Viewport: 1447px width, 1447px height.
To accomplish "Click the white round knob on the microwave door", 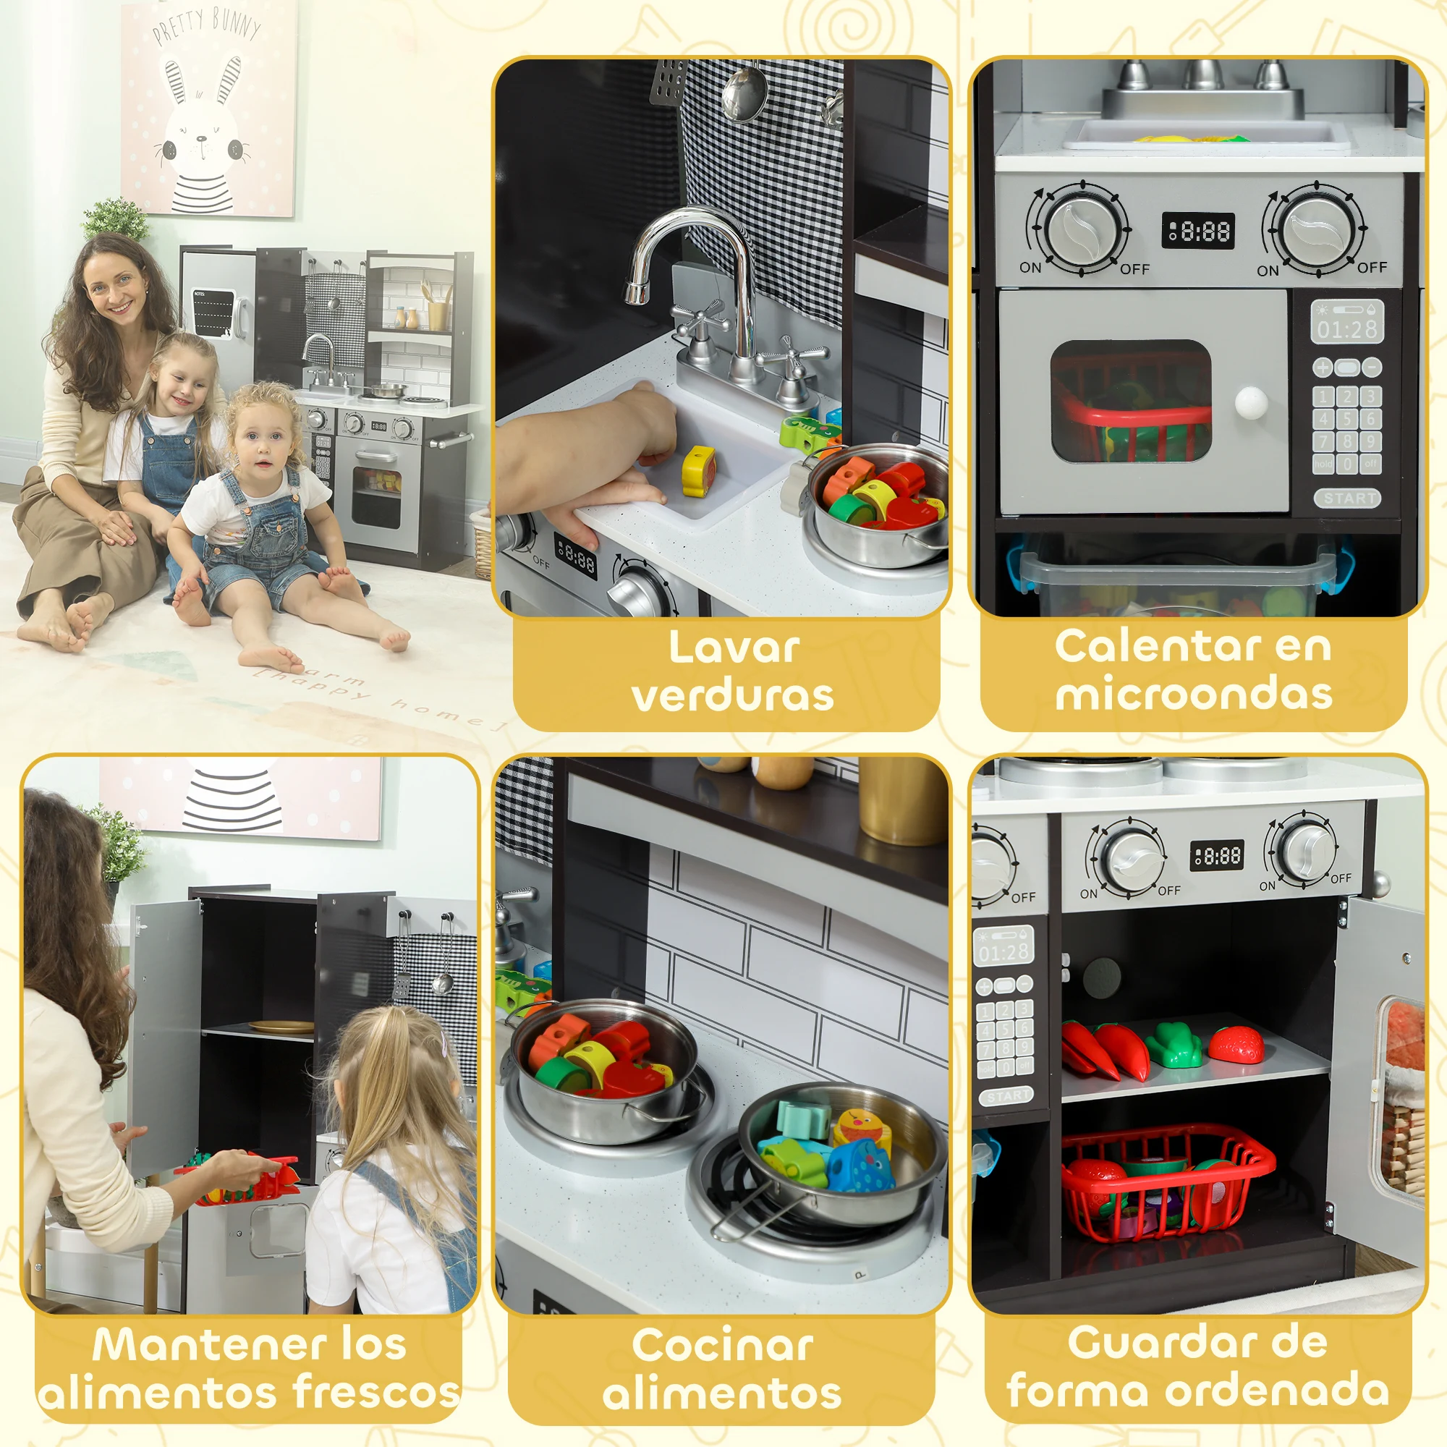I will (1251, 403).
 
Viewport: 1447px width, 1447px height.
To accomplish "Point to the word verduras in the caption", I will (732, 695).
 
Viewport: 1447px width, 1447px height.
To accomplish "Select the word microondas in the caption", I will (1194, 694).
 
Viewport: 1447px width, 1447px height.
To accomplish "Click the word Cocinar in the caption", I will (722, 1344).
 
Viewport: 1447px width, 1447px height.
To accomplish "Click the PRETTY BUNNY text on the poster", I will (207, 25).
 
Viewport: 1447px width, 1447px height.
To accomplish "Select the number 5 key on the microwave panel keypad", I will (1347, 420).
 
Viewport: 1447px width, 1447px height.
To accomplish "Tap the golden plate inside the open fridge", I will (281, 1027).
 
